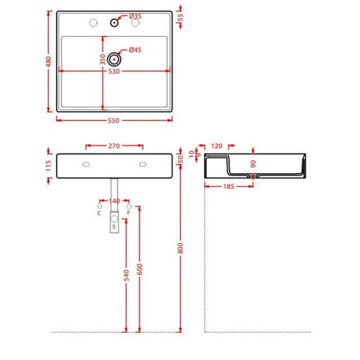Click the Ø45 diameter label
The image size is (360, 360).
(x=135, y=50)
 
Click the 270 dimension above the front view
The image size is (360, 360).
(x=114, y=146)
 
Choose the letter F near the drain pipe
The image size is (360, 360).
(x=128, y=213)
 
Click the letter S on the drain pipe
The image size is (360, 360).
(x=114, y=227)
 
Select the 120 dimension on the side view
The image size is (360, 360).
(x=216, y=146)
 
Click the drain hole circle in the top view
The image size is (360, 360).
(x=114, y=59)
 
